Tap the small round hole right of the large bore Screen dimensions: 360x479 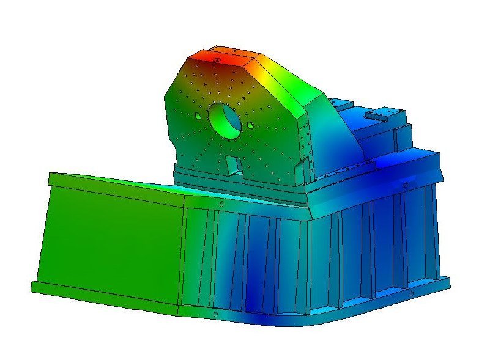(x=250, y=125)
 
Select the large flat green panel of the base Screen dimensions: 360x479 (x=110, y=244)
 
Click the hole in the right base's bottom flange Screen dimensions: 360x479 (x=410, y=294)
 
